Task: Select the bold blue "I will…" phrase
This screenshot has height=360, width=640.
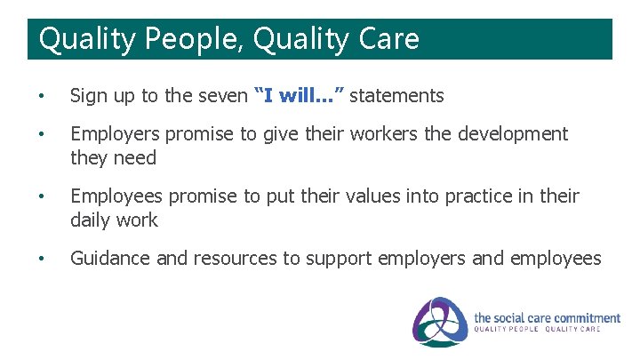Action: click(x=299, y=95)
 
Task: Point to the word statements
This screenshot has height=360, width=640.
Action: click(x=396, y=96)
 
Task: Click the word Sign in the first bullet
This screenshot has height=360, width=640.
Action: click(x=88, y=96)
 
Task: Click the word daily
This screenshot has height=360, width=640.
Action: click(x=92, y=220)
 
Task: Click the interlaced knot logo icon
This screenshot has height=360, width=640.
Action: click(x=440, y=322)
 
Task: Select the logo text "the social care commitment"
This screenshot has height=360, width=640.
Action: click(x=547, y=317)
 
